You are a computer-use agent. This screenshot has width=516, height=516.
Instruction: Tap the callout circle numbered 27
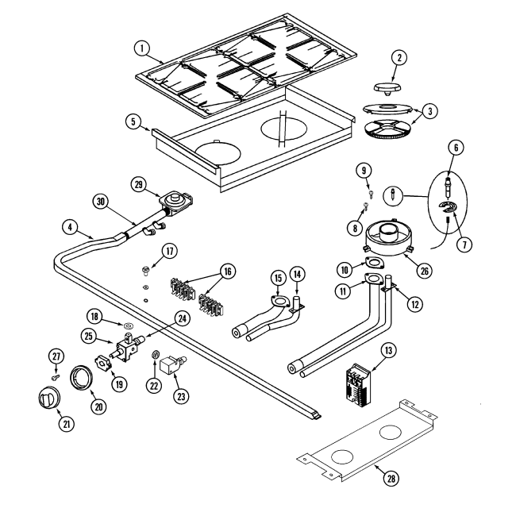(x=56, y=355)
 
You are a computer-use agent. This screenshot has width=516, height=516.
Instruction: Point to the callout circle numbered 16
(x=229, y=271)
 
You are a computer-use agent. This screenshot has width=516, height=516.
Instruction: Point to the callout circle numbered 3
(x=429, y=112)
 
